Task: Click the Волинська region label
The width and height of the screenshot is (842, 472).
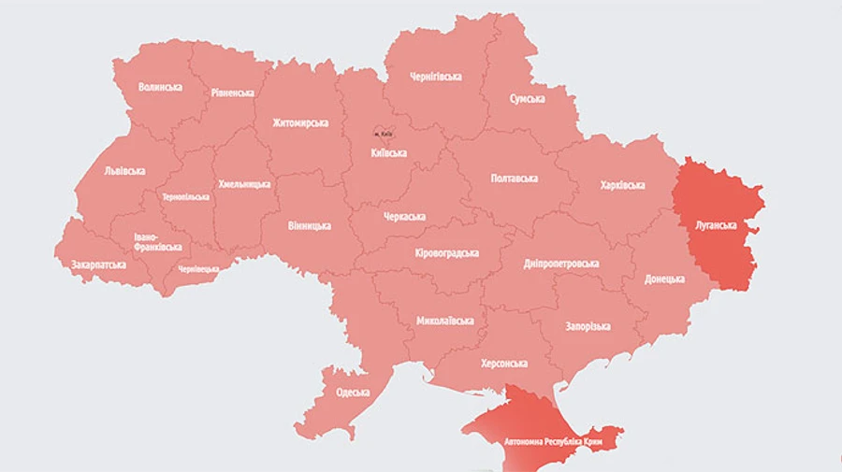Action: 160,87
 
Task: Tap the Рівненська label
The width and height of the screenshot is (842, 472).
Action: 232,93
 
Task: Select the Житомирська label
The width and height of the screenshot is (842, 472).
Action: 300,122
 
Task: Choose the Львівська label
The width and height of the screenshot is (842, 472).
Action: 124,171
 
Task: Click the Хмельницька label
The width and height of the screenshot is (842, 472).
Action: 244,184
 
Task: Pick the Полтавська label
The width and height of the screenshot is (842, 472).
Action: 515,178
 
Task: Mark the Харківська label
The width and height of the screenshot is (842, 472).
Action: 622,185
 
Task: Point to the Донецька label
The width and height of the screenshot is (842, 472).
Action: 664,279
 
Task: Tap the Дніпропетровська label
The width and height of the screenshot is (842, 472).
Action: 561,264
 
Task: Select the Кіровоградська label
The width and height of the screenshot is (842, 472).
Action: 446,253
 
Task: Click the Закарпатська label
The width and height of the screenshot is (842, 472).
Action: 98,265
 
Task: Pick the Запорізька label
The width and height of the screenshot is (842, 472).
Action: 588,326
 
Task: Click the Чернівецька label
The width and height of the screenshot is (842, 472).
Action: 198,269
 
